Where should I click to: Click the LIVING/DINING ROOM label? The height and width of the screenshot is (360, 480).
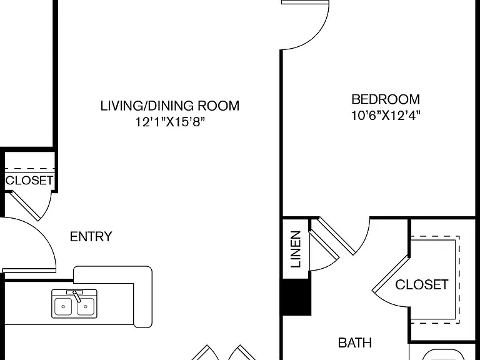(x=170, y=106)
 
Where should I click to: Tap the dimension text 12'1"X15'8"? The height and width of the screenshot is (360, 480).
(x=170, y=122)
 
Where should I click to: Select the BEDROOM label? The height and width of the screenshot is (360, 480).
(x=386, y=99)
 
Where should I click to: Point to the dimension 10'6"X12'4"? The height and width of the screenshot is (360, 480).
(x=386, y=116)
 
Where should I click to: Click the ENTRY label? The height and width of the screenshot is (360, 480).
(x=91, y=237)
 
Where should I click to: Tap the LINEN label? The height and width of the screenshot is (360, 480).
(x=296, y=249)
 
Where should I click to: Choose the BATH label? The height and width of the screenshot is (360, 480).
(x=355, y=342)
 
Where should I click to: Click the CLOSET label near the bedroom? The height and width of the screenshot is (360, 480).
(x=421, y=284)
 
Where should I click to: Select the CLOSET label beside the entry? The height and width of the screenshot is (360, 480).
(x=29, y=180)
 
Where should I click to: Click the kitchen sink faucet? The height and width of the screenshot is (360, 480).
(x=76, y=296)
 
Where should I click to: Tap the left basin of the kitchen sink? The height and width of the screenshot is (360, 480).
(x=63, y=306)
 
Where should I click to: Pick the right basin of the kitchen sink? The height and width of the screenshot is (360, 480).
(x=86, y=306)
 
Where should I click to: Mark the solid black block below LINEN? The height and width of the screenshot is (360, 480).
(x=297, y=297)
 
